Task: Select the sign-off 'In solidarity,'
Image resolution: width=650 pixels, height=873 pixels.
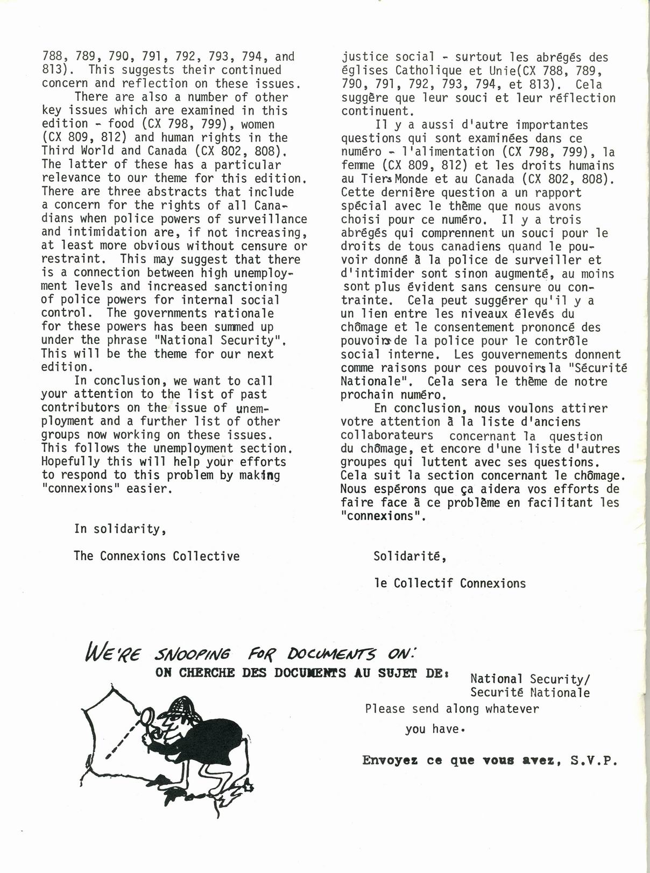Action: pos(120,529)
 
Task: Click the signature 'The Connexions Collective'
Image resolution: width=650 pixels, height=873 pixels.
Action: pos(157,556)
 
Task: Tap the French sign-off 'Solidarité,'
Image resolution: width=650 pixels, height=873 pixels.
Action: pos(410,557)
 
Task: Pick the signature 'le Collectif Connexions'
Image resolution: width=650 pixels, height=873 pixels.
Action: pos(450,584)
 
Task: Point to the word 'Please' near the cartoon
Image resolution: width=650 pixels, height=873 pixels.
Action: pos(385,709)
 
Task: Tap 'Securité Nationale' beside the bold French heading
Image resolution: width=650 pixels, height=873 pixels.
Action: pos(529,693)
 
